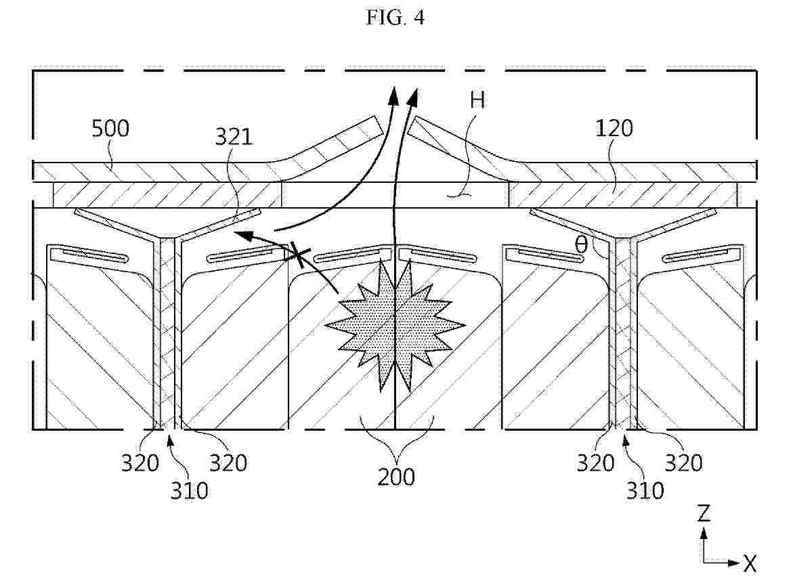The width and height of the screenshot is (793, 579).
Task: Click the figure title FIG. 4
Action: [x=395, y=18]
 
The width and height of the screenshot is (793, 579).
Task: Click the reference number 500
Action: [x=110, y=129]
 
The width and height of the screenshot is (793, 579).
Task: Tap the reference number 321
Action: [x=234, y=137]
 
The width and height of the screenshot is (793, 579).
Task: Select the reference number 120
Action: [x=614, y=129]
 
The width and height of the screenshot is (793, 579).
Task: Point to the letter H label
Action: [x=477, y=100]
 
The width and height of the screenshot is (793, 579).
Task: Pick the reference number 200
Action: [x=396, y=477]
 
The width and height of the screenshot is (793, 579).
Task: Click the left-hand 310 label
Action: [x=189, y=490]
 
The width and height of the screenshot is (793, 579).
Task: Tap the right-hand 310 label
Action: [x=645, y=490]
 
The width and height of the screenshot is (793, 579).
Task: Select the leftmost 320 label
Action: [x=140, y=463]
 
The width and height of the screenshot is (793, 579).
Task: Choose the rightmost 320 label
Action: [x=684, y=463]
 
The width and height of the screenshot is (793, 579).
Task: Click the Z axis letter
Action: [x=704, y=513]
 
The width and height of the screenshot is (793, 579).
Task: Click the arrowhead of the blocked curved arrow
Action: [x=242, y=235]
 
